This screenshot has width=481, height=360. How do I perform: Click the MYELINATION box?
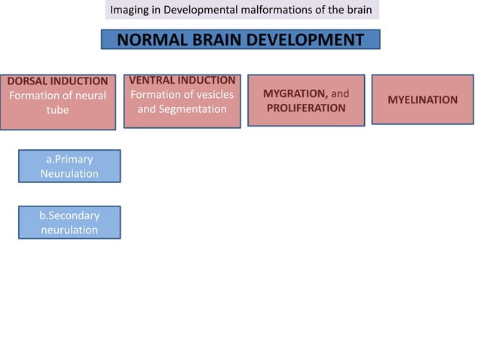click(x=422, y=99)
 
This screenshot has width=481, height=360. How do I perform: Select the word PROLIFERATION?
click(x=305, y=108)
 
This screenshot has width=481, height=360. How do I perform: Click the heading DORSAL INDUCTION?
click(x=58, y=81)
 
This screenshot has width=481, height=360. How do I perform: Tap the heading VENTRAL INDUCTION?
click(x=182, y=80)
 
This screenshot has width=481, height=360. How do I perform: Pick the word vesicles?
click(x=211, y=95)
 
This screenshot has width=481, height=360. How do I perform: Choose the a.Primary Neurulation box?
click(x=69, y=166)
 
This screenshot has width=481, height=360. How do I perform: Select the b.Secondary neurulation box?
click(x=69, y=222)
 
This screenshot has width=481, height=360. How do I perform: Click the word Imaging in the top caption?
click(x=130, y=10)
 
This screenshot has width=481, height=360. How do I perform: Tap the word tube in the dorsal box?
click(x=58, y=110)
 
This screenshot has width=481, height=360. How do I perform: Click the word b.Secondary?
click(x=69, y=215)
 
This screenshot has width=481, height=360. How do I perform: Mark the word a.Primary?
click(x=69, y=160)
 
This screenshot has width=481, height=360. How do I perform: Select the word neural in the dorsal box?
click(x=88, y=96)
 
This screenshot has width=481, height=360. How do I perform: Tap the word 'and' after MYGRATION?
click(x=340, y=93)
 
